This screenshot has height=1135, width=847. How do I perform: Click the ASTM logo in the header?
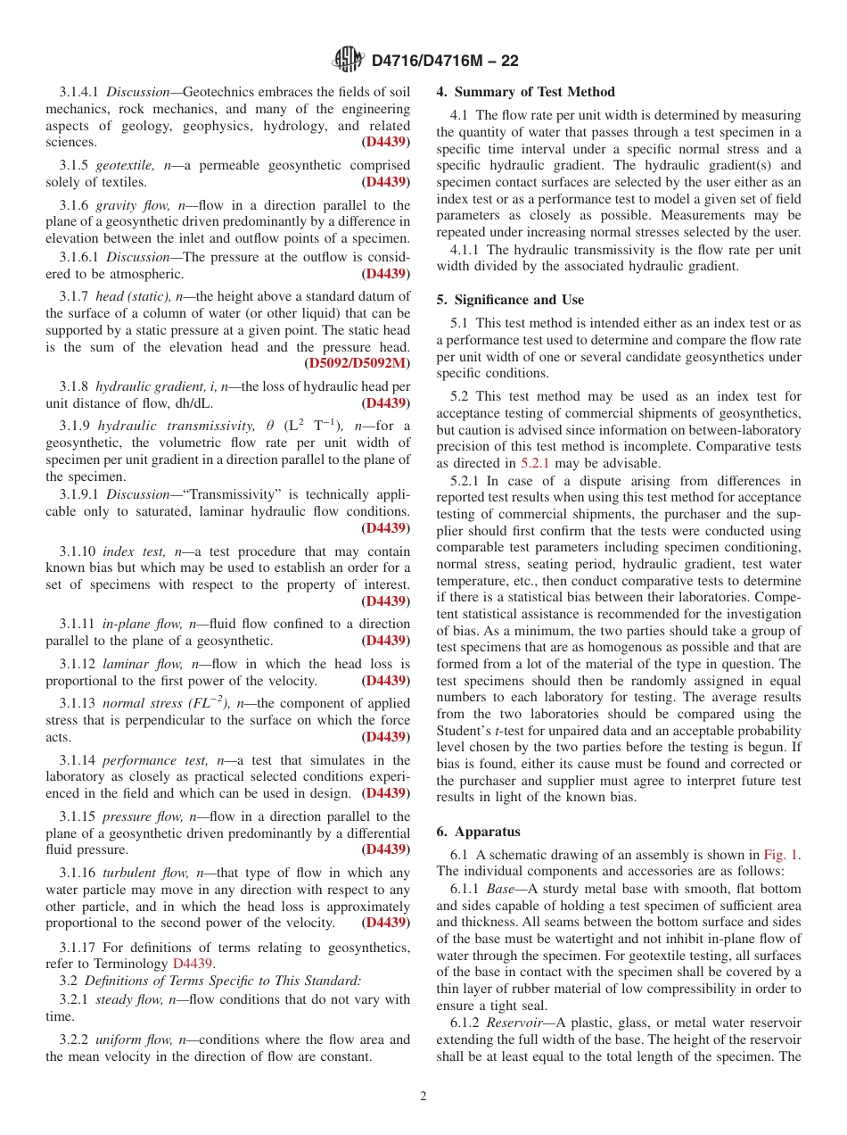(349, 60)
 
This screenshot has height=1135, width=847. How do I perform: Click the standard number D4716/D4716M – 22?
(444, 61)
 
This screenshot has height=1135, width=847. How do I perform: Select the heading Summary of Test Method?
(534, 92)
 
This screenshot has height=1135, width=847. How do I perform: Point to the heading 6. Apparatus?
(478, 832)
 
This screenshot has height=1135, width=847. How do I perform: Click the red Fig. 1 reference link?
(781, 855)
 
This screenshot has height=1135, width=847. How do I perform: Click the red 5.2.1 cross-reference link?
(536, 463)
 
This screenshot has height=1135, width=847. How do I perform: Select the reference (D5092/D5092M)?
(357, 363)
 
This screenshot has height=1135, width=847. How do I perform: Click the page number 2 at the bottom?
(423, 1097)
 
